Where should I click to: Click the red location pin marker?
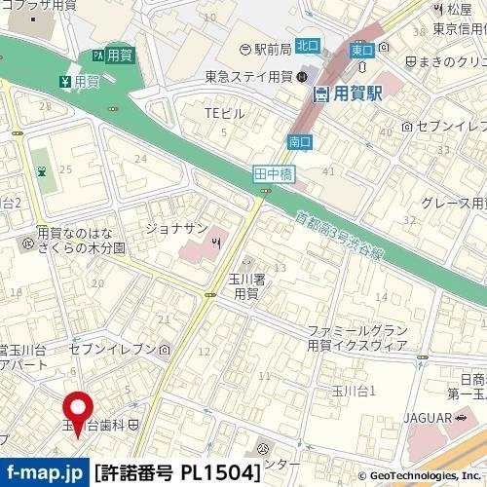(78, 410)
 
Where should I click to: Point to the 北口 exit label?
(307, 44)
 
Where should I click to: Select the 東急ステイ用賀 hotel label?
(248, 75)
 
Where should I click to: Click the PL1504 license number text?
(220, 474)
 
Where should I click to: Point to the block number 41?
(328, 171)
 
